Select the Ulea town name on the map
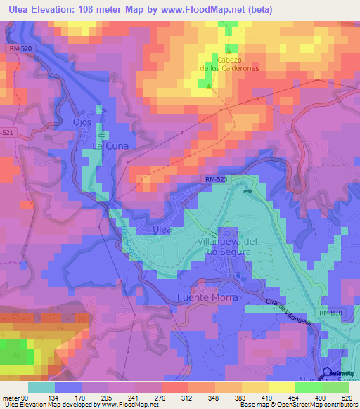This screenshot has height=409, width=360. [162, 230]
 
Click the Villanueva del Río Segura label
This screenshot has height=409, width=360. [226, 247]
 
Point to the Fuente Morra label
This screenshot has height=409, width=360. [208, 297]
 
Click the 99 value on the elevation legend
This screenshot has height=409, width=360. [23, 398]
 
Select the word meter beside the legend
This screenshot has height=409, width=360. [9, 398]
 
